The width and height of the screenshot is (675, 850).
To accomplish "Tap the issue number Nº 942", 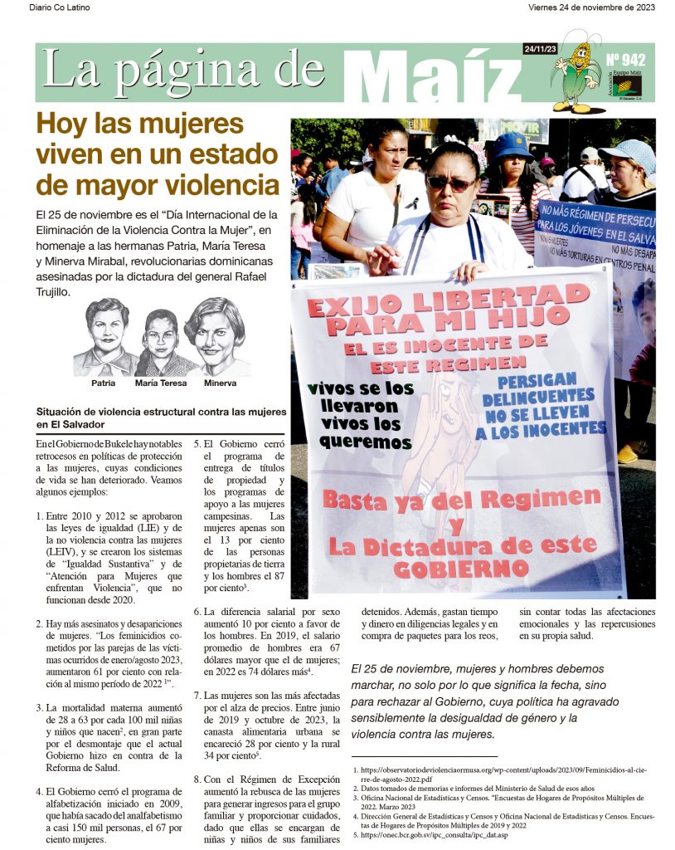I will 626,60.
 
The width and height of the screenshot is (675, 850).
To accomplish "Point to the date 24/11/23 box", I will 540,50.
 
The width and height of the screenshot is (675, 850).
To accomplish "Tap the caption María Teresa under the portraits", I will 161,383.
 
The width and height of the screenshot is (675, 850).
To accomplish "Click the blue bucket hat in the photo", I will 512,145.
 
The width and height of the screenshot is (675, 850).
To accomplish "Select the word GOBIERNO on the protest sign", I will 462,569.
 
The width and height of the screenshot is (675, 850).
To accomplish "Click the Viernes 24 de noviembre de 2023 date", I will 591,7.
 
